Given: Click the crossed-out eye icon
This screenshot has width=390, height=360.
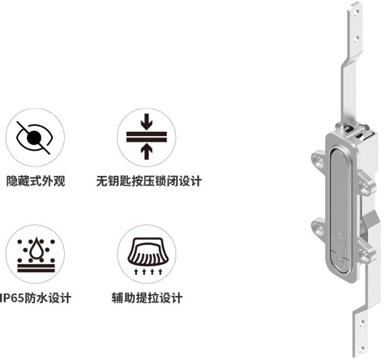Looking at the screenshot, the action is [x=35, y=137].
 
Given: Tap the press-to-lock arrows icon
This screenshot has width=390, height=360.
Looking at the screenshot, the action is [x=146, y=137].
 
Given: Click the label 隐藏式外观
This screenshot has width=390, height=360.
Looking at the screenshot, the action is [x=36, y=181].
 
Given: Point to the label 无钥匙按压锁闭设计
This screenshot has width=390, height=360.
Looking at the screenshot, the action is [x=148, y=181].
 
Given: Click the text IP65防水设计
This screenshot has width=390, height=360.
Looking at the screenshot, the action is [x=36, y=297].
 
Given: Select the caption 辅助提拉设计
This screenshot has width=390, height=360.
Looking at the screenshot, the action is [x=147, y=297].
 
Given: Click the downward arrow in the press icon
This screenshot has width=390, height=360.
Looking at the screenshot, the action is [x=146, y=121].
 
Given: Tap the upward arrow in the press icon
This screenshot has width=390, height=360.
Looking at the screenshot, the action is [x=146, y=152].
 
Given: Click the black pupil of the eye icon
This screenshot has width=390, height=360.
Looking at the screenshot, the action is [x=34, y=137].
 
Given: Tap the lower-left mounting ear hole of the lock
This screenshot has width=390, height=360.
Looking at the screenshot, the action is [x=319, y=227].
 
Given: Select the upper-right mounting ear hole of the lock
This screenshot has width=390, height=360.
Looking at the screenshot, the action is [x=365, y=188].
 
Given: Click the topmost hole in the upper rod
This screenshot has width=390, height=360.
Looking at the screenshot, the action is [x=357, y=11].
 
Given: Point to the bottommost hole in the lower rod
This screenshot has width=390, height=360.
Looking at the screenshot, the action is [x=362, y=348].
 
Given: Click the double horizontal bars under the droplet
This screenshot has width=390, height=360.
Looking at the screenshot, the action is [x=36, y=268].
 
